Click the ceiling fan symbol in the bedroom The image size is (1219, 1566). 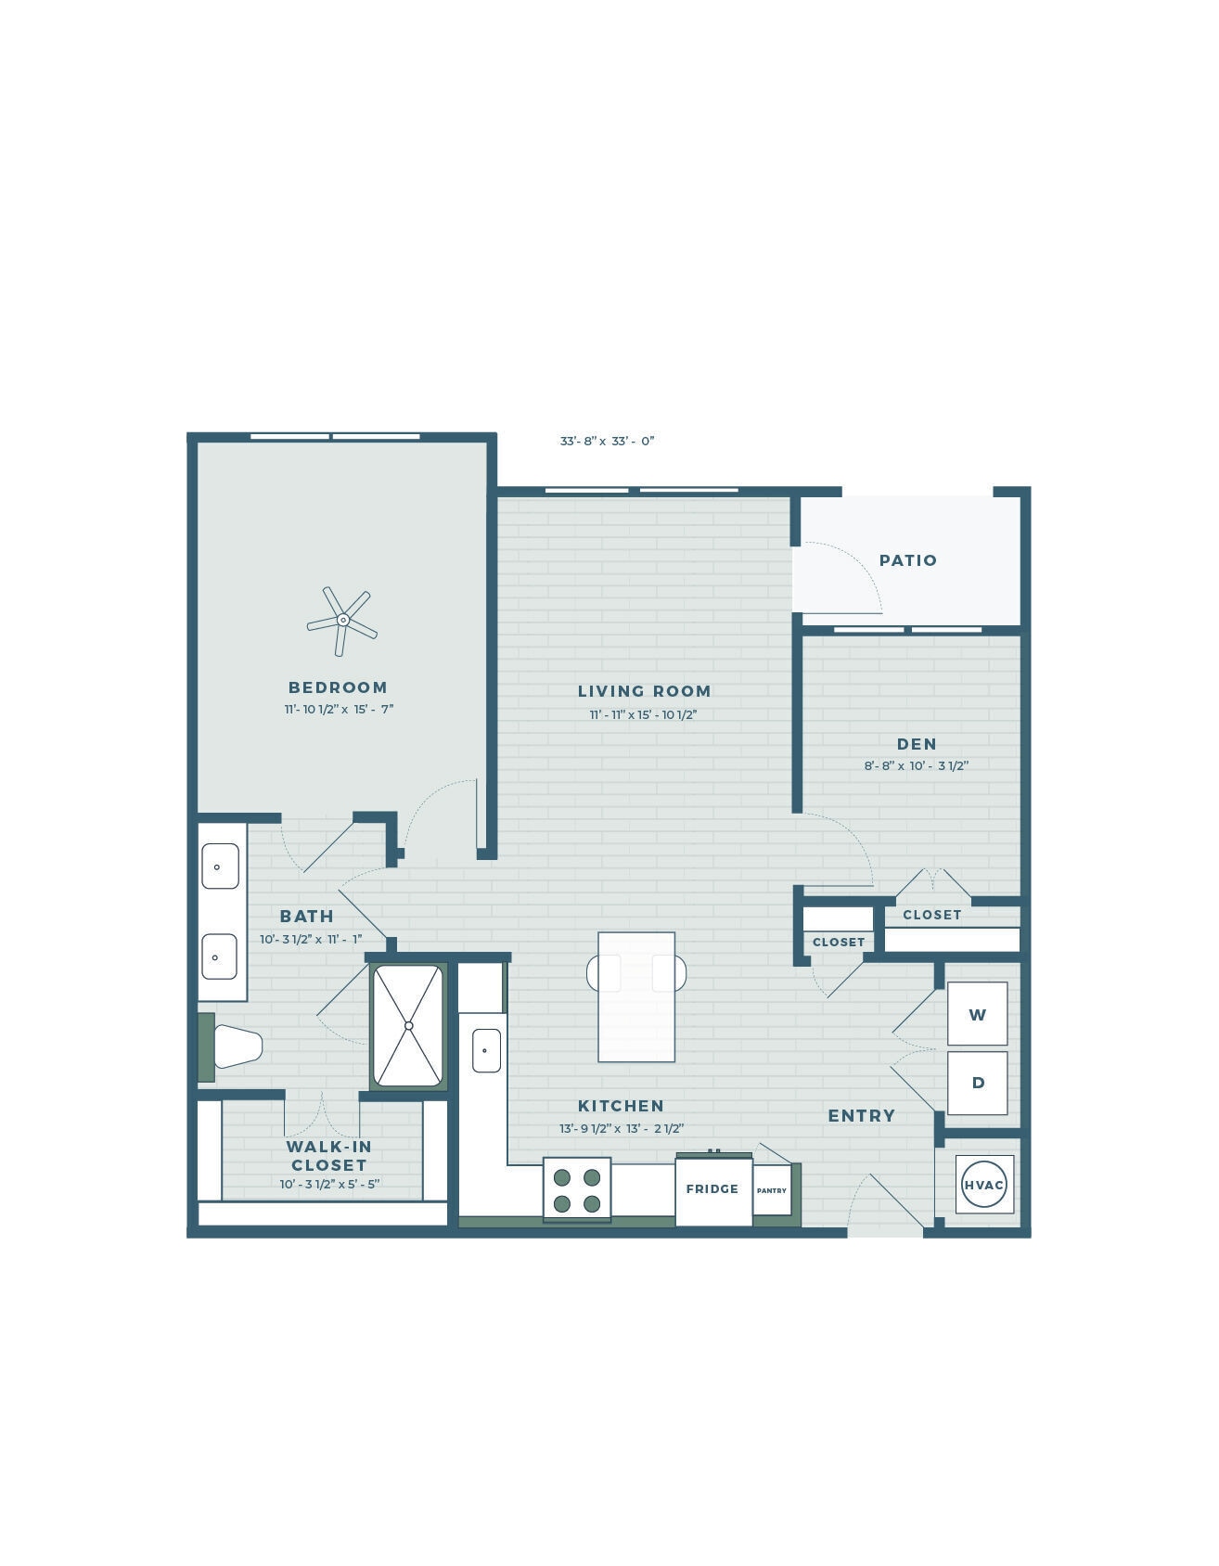tap(342, 620)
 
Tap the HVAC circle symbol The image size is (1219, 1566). tap(983, 1185)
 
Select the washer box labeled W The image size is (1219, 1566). tap(977, 1014)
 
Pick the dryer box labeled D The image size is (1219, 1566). tap(977, 1083)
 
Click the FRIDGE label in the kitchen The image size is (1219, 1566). tap(712, 1189)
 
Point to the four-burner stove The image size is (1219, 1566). tap(576, 1189)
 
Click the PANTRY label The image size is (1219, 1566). tap(772, 1190)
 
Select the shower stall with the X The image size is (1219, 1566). tap(408, 1025)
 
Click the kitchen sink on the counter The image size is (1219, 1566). tap(485, 1050)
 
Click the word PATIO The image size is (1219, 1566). tap(908, 560)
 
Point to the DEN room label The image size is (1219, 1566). tap(917, 744)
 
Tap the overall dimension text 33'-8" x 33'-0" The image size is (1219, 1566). tap(607, 442)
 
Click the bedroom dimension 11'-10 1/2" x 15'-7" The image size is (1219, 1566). tap(339, 710)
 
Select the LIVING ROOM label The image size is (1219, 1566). tap(644, 691)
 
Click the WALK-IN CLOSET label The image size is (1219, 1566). tap(329, 1156)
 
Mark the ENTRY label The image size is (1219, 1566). tap(861, 1116)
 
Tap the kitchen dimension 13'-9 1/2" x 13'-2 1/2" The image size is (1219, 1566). tap(621, 1129)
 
